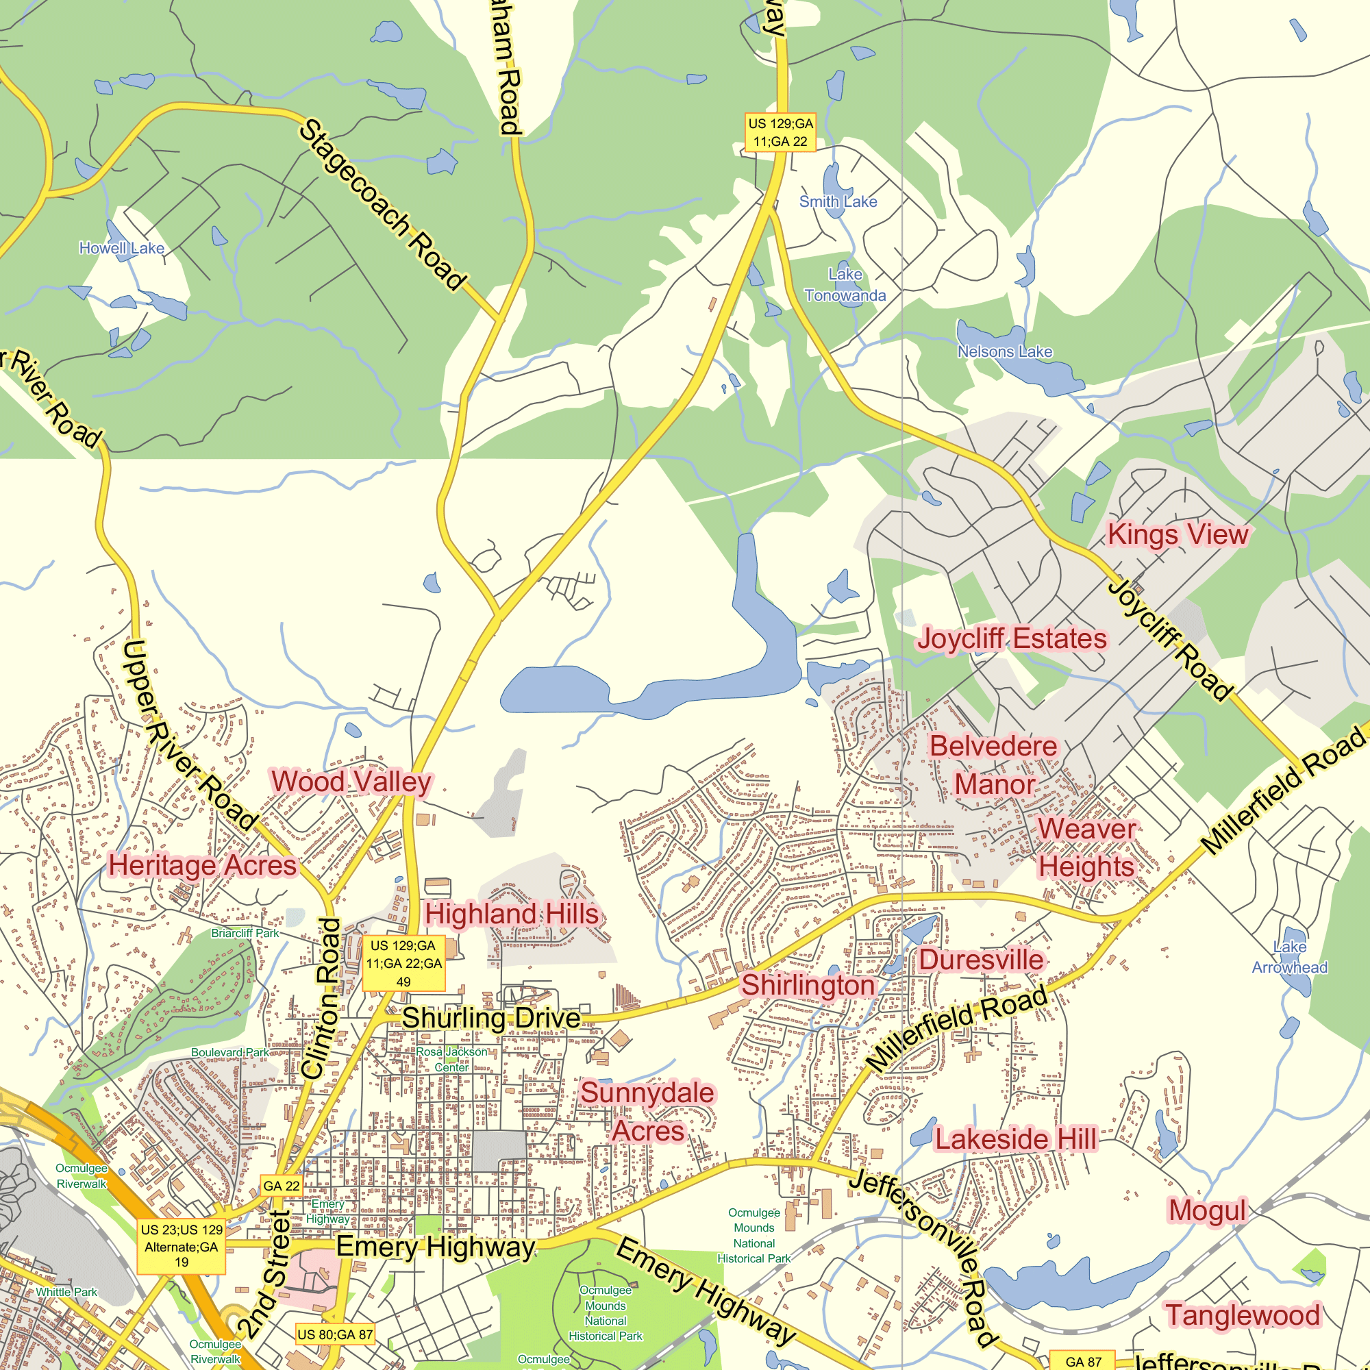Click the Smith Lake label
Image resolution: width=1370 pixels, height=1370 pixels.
pyautogui.click(x=838, y=201)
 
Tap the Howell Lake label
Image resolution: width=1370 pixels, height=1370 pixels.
pyautogui.click(x=121, y=248)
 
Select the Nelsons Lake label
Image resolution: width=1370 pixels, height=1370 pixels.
pyautogui.click(x=1004, y=351)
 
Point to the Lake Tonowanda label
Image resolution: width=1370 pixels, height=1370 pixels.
pyautogui.click(x=845, y=285)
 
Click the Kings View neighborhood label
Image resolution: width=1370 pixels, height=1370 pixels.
pyautogui.click(x=1177, y=535)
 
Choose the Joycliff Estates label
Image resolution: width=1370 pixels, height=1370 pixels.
pyautogui.click(x=1012, y=639)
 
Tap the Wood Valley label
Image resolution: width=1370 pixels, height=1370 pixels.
pyautogui.click(x=351, y=782)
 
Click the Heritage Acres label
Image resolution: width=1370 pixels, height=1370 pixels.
pyautogui.click(x=203, y=866)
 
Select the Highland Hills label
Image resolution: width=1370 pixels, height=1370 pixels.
pyautogui.click(x=511, y=914)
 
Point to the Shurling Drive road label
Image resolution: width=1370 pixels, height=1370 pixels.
pyautogui.click(x=491, y=1019)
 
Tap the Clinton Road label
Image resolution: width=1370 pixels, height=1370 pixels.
pyautogui.click(x=322, y=999)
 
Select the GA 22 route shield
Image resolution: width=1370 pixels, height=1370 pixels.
pyautogui.click(x=282, y=1186)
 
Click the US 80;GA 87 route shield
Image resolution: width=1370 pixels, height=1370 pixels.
pyautogui.click(x=335, y=1334)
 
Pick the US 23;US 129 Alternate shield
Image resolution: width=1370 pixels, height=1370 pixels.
pyautogui.click(x=182, y=1247)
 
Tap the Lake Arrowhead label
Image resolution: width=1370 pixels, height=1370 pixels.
pyautogui.click(x=1289, y=958)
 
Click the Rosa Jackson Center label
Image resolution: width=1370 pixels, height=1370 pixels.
pyautogui.click(x=451, y=1060)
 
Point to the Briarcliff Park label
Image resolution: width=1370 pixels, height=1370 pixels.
pyautogui.click(x=245, y=933)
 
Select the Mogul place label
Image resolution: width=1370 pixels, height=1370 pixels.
pyautogui.click(x=1207, y=1210)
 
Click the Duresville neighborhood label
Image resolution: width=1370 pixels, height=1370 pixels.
pyautogui.click(x=982, y=960)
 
